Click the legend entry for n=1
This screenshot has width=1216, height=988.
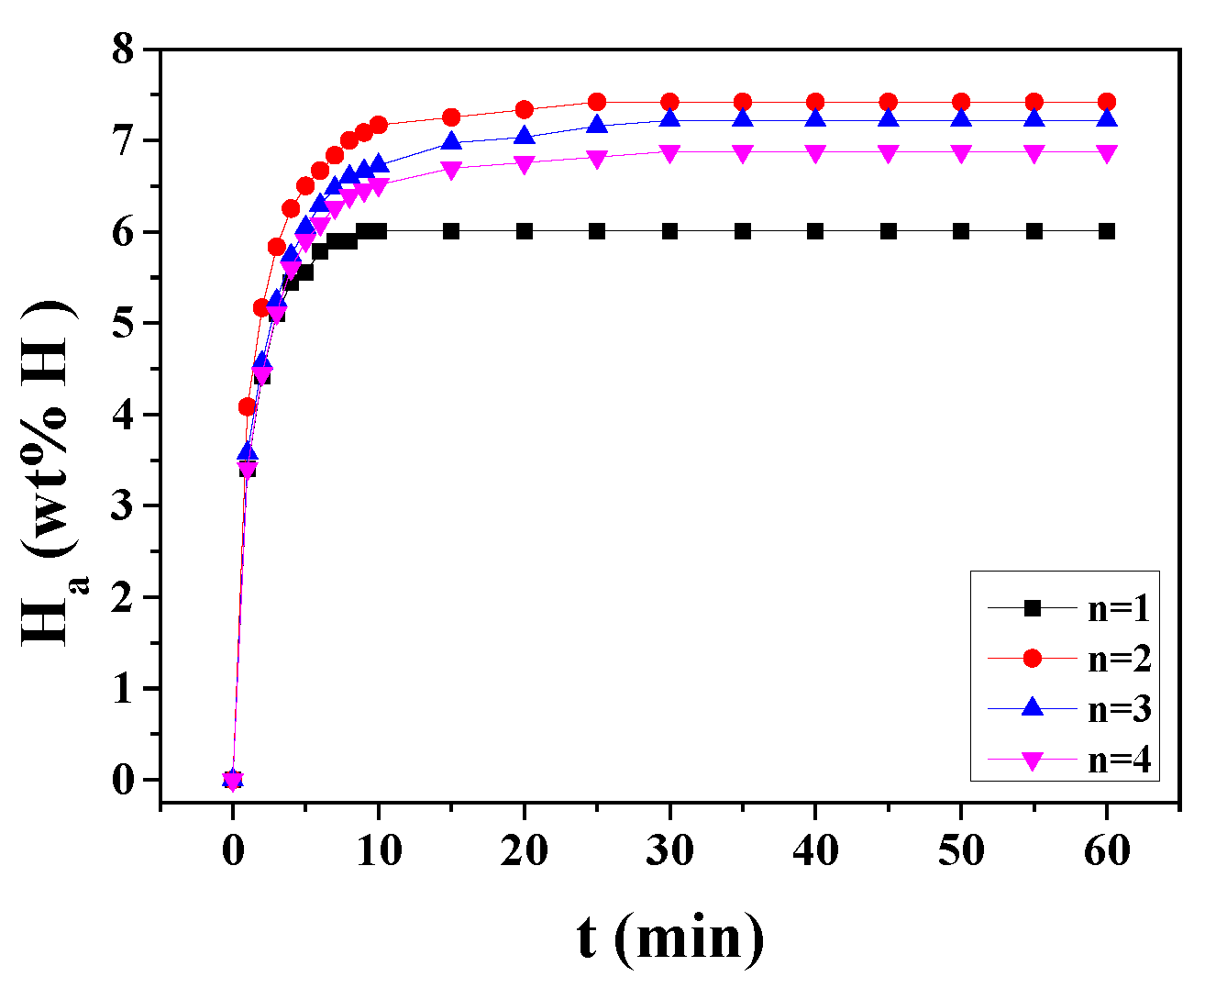click(x=1069, y=608)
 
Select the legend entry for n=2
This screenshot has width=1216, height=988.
click(x=1069, y=659)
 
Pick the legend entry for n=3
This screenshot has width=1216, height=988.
click(x=1069, y=709)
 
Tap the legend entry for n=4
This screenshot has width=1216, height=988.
click(x=1069, y=760)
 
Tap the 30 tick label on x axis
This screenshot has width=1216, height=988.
click(x=669, y=850)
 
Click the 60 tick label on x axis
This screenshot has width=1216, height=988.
click(x=1107, y=850)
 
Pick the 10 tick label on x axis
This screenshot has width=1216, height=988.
click(x=378, y=850)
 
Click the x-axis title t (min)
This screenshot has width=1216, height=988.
click(x=670, y=938)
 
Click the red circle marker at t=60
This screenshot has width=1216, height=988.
click(x=1107, y=102)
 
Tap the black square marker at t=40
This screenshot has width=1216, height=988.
click(x=815, y=231)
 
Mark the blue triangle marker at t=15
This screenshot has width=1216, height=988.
click(x=451, y=141)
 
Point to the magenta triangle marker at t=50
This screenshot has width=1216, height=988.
click(x=961, y=153)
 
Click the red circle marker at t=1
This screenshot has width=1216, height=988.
click(x=248, y=406)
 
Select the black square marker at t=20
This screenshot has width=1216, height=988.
click(x=525, y=231)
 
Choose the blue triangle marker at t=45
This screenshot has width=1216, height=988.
click(x=888, y=119)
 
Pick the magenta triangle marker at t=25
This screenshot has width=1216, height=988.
click(x=597, y=159)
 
